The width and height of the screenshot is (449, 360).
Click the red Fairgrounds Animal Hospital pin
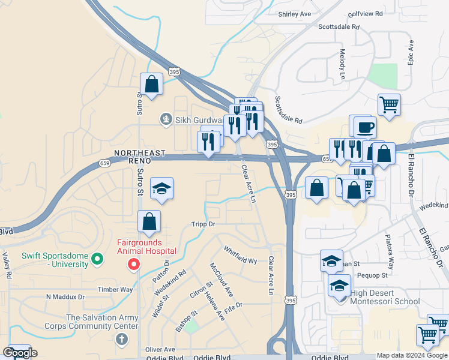coord(134,264)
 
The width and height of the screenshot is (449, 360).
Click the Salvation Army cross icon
coord(122,340)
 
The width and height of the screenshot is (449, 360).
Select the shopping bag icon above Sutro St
coord(152,84)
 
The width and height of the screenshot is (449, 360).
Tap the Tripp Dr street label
coord(203,224)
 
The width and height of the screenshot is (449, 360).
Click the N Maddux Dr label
coord(66,296)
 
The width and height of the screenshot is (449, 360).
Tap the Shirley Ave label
coord(294,14)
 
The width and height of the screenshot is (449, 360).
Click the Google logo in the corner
coord(20,353)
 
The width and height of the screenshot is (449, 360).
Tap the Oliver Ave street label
coord(160,349)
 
